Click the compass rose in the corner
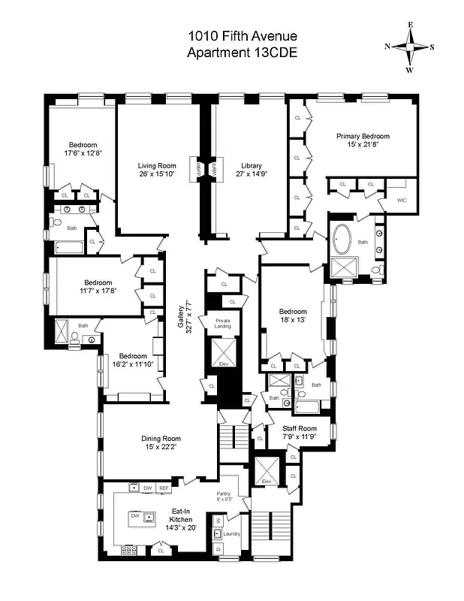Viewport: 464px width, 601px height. (410, 47)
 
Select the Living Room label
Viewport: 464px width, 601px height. (156, 165)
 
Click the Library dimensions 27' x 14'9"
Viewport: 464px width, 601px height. (251, 174)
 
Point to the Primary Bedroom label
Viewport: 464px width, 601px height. (363, 136)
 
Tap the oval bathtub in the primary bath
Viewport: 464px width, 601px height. (346, 240)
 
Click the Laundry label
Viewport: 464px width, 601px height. (231, 534)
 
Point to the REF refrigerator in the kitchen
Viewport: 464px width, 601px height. (163, 488)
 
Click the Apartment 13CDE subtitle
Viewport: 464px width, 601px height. (242, 53)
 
